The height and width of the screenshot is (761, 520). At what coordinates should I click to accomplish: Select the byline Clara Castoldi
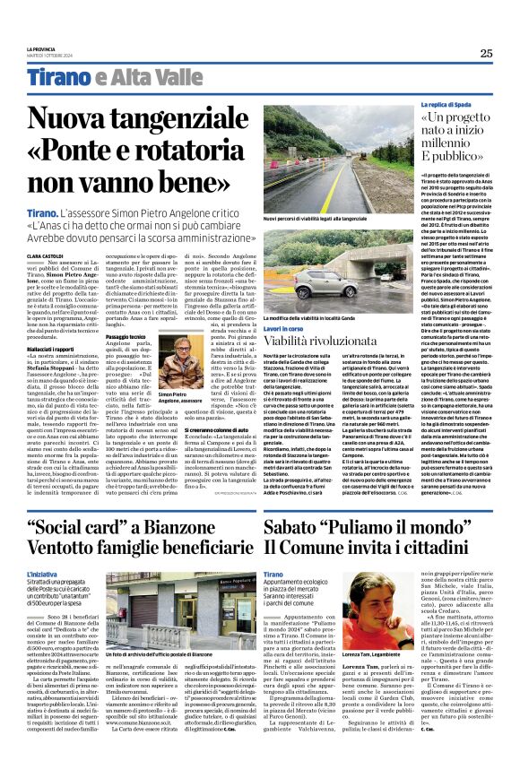coord(46,231)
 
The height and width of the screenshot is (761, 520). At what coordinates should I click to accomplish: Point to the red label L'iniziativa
coord(42,571)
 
